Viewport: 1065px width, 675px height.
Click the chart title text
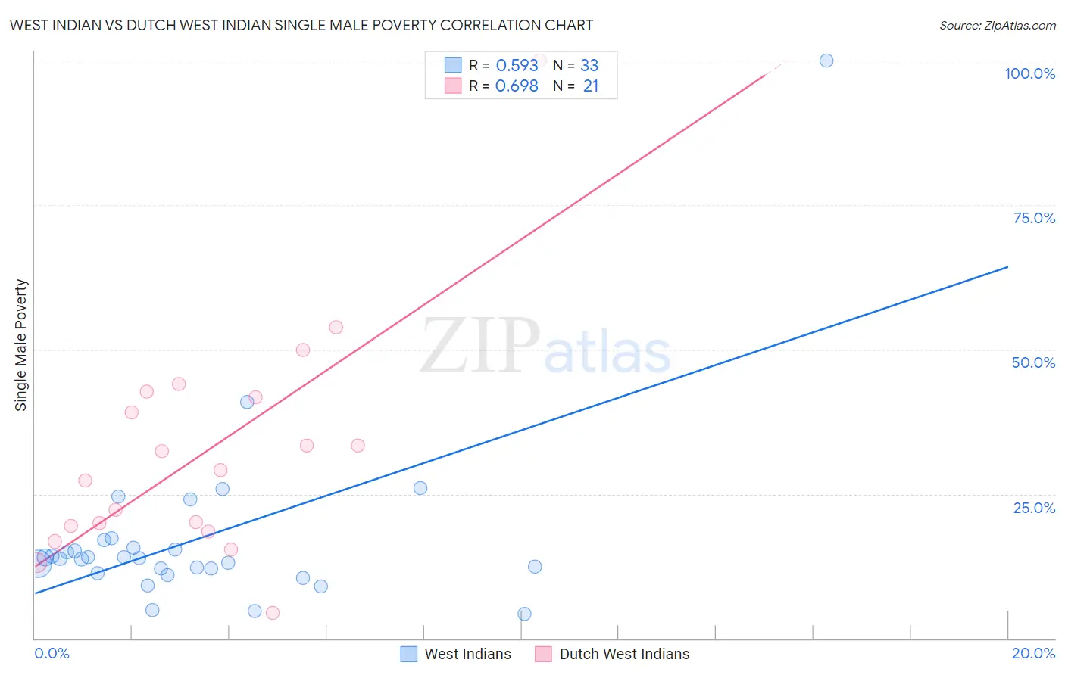pos(301,25)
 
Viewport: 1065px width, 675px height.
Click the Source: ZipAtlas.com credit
pos(997,25)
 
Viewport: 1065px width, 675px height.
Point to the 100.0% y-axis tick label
pos(1029,73)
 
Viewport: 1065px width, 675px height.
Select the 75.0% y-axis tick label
pos(1034,218)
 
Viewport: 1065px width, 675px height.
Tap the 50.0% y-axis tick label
pos(1033,362)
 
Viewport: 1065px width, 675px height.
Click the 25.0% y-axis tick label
pos(1034,507)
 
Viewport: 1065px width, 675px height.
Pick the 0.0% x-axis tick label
pos(52,653)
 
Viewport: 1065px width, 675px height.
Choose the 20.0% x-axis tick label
pos(1033,653)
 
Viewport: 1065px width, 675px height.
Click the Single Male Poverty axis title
pos(21,345)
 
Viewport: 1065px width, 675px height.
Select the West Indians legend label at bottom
pos(467,654)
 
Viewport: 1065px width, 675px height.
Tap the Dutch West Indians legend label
pos(624,654)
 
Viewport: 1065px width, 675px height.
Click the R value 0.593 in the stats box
pos(517,66)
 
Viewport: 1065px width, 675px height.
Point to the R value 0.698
pos(517,86)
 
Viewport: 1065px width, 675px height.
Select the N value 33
pos(589,66)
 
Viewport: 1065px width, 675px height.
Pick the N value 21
pos(591,86)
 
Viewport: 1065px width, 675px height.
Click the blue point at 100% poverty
pos(826,61)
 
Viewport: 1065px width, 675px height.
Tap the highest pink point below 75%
pos(336,327)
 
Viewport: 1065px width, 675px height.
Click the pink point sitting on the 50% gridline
pos(303,350)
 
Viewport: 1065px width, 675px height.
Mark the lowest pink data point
pos(273,613)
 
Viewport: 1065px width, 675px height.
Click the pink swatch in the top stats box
pos(453,86)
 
